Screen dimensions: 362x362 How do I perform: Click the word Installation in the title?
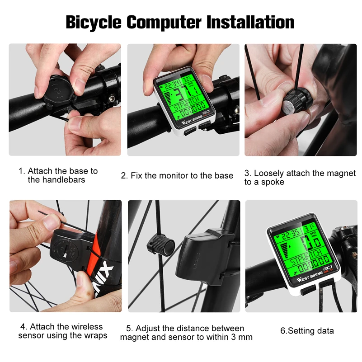pos(251,22)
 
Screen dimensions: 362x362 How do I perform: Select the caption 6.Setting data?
pos(307,331)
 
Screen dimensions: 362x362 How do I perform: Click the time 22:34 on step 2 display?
pos(171,84)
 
